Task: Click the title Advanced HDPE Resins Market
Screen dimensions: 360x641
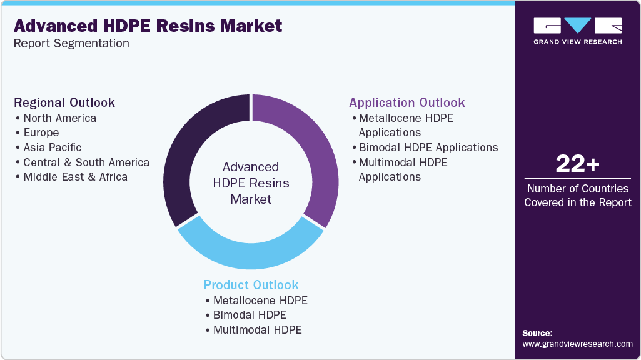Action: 148,26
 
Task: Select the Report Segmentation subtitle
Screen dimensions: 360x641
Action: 71,44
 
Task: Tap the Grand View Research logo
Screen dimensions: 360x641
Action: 577,31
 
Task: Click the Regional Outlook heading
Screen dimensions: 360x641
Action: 64,102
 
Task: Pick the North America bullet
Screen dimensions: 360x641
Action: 60,118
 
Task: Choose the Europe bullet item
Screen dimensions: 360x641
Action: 41,132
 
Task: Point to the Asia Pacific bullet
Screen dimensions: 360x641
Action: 53,147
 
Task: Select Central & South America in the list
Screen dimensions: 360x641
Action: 86,162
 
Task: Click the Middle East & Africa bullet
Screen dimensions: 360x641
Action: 75,177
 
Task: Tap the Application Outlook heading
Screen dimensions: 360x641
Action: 407,102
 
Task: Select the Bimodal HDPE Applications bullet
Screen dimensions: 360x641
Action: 428,147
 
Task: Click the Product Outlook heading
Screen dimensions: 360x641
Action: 251,285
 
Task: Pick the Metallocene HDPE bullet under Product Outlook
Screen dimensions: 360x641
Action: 260,301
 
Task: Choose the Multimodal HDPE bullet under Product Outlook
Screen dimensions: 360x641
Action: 257,329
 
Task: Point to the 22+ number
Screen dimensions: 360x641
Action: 577,164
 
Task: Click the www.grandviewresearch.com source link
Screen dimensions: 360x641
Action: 577,344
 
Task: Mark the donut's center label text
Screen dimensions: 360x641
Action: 251,183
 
